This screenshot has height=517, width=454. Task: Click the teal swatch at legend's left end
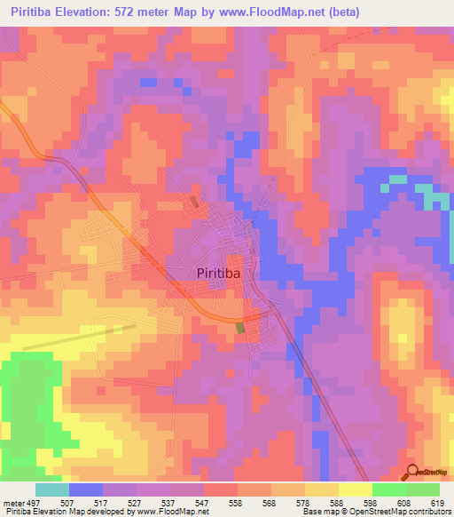point(52,489)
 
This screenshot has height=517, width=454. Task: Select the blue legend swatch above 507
point(86,489)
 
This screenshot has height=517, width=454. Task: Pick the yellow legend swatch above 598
point(356,489)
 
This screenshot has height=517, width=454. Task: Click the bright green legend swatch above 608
point(389,489)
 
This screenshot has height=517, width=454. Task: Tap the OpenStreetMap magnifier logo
point(411,473)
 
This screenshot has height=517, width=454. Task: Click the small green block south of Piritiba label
point(239,328)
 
